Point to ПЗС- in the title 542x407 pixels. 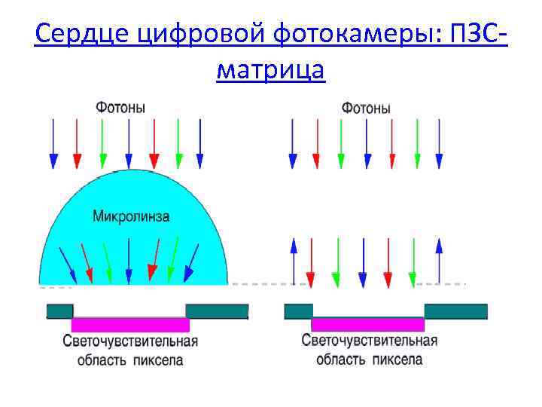[x=476, y=34]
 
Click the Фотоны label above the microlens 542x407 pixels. [x=120, y=107]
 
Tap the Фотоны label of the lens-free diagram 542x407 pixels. [x=366, y=108]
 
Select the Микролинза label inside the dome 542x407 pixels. [x=131, y=216]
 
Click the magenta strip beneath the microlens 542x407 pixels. [x=130, y=325]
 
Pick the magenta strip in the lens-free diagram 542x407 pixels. [x=368, y=325]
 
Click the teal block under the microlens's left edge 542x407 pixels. [x=60, y=311]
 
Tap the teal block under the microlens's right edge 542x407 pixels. [x=217, y=311]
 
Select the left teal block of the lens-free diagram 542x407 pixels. [x=298, y=311]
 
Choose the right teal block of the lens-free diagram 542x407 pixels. [x=455, y=311]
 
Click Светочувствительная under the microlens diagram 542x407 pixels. [x=130, y=342]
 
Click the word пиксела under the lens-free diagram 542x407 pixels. [x=399, y=359]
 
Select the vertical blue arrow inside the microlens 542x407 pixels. [x=129, y=260]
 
